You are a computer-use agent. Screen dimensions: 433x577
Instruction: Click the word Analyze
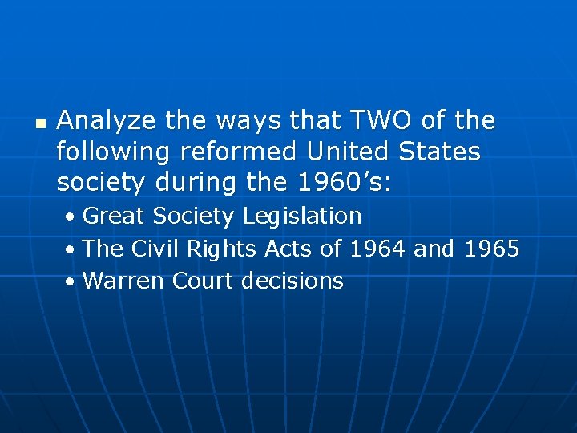click(107, 122)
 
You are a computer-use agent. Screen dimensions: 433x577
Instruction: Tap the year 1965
click(490, 249)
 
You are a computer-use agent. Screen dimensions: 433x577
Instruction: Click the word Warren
click(119, 281)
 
